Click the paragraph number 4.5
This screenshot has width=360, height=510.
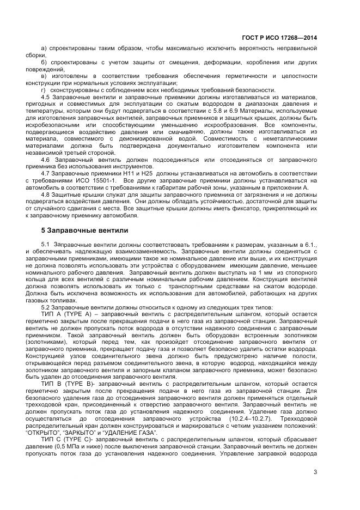pos(46,97)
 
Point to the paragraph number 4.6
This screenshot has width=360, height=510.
pos(46,159)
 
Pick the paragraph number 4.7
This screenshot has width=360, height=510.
pos(46,173)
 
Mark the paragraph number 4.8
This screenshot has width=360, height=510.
pos(46,194)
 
